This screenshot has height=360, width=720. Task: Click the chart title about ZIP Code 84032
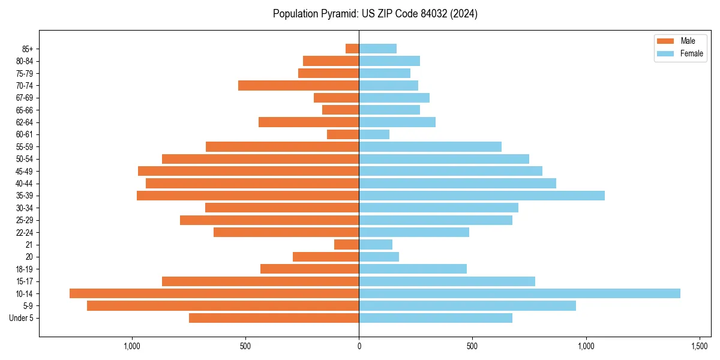[x=375, y=14]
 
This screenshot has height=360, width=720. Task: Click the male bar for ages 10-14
[x=214, y=293]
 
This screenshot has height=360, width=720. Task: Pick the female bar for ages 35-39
[x=482, y=196]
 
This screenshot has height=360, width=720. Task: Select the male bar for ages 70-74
[x=298, y=85]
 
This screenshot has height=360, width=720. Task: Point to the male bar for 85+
[x=352, y=49]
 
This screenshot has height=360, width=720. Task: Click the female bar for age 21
[x=376, y=244]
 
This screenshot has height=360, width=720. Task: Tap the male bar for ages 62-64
[x=308, y=122]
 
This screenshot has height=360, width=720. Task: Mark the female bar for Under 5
[x=436, y=318]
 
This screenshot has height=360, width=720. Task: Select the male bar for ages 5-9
[x=223, y=305]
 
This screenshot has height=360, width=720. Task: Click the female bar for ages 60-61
[x=374, y=134]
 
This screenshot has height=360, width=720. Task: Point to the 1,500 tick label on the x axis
[x=700, y=346]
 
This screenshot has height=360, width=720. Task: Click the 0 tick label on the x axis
[x=359, y=346]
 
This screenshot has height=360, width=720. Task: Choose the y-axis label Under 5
[x=22, y=318]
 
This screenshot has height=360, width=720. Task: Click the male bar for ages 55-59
[x=282, y=146]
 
